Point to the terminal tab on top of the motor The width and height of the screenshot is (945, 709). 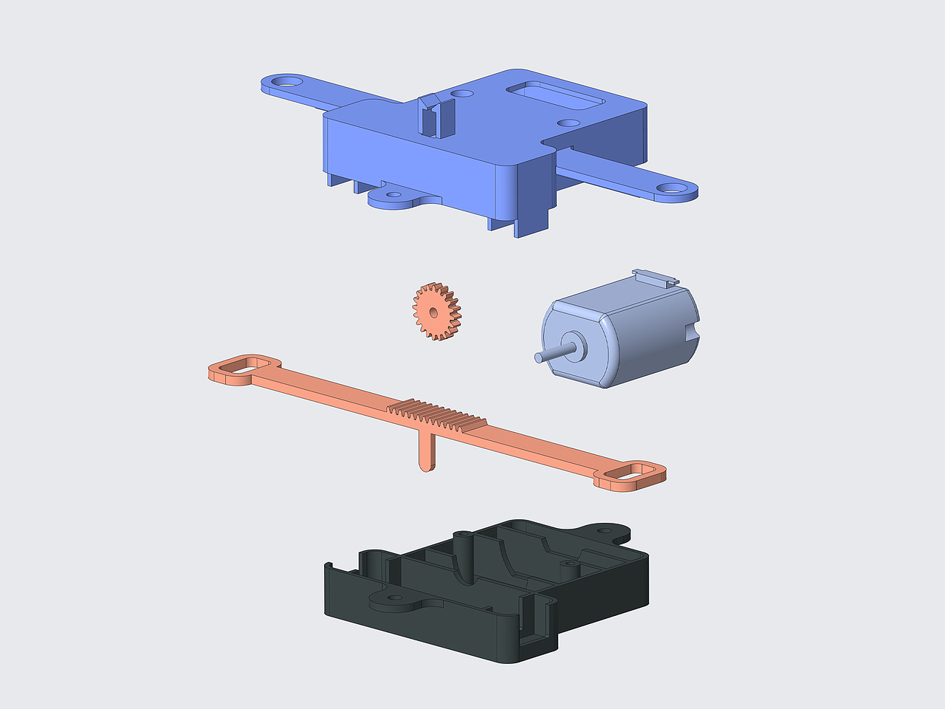click(656, 277)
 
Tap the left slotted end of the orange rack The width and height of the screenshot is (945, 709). click(244, 369)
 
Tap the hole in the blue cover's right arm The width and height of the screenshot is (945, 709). click(672, 188)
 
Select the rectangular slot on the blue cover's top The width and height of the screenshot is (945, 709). click(554, 95)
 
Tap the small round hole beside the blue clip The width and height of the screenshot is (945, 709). click(462, 95)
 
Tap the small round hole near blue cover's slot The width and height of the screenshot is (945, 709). click(568, 123)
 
